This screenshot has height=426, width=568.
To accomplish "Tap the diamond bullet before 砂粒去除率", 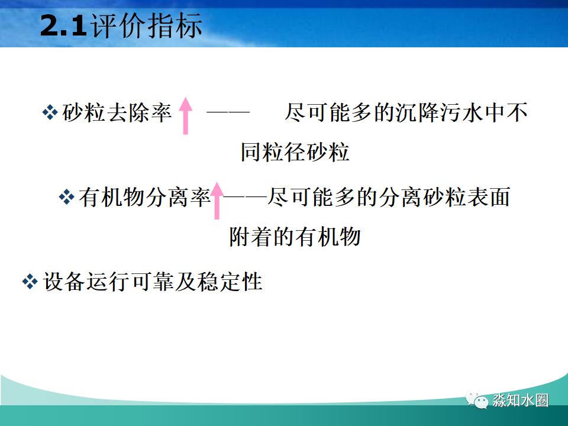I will coord(50,112).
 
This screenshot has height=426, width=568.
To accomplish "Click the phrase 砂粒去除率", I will coord(117,112).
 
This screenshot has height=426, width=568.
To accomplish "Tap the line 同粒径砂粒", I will coord(295,152).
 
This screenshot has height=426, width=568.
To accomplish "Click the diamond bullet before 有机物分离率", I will coord(67,197).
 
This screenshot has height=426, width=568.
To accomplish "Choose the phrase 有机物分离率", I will coord(144,197).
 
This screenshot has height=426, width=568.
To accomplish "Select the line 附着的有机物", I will coord(295,237).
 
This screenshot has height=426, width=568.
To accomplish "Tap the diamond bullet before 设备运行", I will coord(30,282).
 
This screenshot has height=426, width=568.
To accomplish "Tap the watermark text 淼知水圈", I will coord(520,401).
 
